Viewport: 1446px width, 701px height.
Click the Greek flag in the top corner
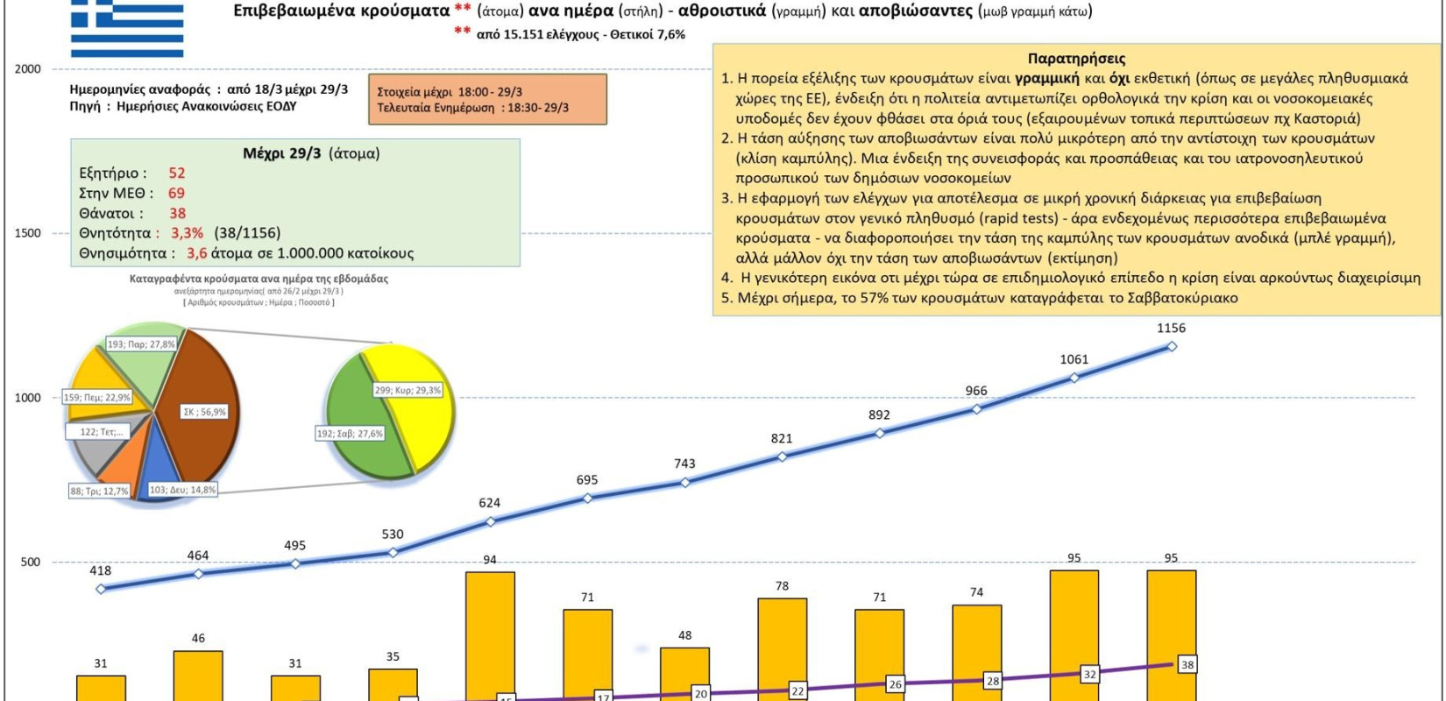pyautogui.click(x=127, y=28)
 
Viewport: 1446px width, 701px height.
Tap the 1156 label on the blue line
pyautogui.click(x=1171, y=329)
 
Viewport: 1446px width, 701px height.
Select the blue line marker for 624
pyautogui.click(x=490, y=521)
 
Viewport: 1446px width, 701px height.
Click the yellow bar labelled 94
pyautogui.click(x=490, y=635)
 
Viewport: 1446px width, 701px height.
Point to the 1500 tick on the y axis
pyautogui.click(x=28, y=233)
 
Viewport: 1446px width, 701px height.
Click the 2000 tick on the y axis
pyautogui.click(x=28, y=69)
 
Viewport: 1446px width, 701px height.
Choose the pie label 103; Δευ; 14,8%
pyautogui.click(x=182, y=490)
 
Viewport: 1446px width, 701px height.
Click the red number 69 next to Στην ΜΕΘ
pyautogui.click(x=176, y=193)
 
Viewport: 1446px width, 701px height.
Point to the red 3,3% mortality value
pyautogui.click(x=187, y=233)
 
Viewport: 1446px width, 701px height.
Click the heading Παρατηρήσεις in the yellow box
pyautogui.click(x=1076, y=59)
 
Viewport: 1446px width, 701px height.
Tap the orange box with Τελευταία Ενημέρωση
pyautogui.click(x=487, y=99)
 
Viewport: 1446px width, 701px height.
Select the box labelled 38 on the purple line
pyautogui.click(x=1187, y=665)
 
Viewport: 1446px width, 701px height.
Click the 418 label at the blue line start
pyautogui.click(x=101, y=571)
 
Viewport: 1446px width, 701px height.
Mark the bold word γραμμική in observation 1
pyautogui.click(x=1046, y=79)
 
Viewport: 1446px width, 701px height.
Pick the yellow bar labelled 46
pyautogui.click(x=198, y=675)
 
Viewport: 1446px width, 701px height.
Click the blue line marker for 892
pyautogui.click(x=879, y=433)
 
